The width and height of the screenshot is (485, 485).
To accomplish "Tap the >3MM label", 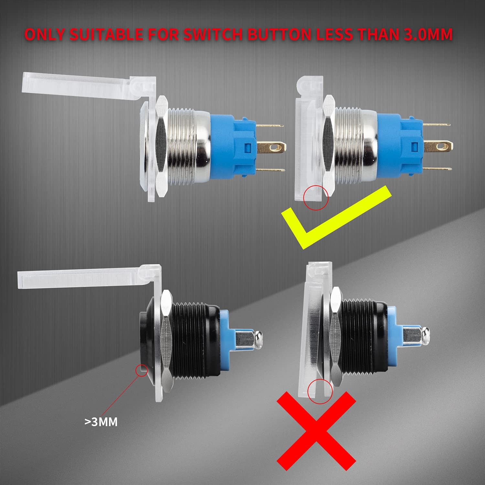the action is (x=101, y=422).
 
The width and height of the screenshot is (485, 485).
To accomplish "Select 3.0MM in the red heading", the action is (x=428, y=35).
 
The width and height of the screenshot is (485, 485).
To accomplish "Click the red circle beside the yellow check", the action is (x=316, y=197).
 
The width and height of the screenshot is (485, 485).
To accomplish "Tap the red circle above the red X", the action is (x=320, y=391).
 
